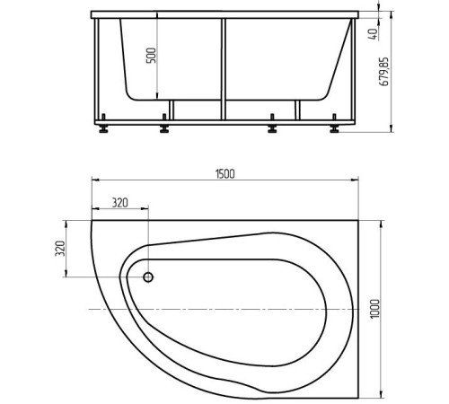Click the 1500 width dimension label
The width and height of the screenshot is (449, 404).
(x=224, y=174)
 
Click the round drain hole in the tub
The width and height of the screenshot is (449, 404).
(x=149, y=277)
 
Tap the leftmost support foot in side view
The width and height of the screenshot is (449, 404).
(x=108, y=128)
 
